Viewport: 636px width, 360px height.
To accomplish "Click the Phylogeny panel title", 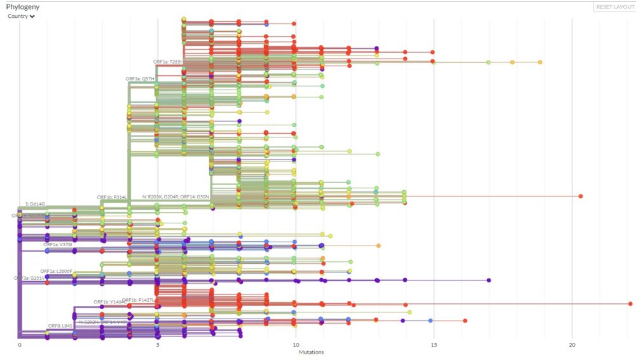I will pyautogui.click(x=24, y=7).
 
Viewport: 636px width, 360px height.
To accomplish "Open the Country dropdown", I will pyautogui.click(x=21, y=17).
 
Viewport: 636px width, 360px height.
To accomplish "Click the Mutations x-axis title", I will pyautogui.click(x=312, y=352).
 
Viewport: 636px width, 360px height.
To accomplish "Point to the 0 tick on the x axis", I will pyautogui.click(x=20, y=345).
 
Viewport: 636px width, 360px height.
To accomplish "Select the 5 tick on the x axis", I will pyautogui.click(x=158, y=345).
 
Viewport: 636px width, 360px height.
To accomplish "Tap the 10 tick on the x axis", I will pyautogui.click(x=296, y=345).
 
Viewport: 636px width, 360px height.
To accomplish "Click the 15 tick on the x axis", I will pyautogui.click(x=434, y=345).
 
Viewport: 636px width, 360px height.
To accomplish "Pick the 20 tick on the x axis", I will pyautogui.click(x=572, y=345).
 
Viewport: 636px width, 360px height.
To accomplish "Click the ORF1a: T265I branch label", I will pyautogui.click(x=168, y=62).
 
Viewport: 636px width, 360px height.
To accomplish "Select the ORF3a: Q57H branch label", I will pyautogui.click(x=140, y=79).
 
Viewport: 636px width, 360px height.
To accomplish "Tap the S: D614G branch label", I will pyautogui.click(x=36, y=204).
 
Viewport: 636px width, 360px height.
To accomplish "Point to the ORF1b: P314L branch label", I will pyautogui.click(x=112, y=197).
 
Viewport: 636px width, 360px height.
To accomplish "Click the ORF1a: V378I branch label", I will pyautogui.click(x=58, y=244).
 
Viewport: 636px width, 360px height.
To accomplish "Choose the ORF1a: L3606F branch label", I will pyautogui.click(x=57, y=271).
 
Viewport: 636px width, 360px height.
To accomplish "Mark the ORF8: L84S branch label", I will pyautogui.click(x=60, y=326).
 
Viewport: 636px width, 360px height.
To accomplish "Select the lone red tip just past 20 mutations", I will pyautogui.click(x=581, y=196).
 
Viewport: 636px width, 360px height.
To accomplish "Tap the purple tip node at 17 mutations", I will pyautogui.click(x=489, y=280).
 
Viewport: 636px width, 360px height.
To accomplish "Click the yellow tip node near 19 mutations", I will pyautogui.click(x=540, y=62).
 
